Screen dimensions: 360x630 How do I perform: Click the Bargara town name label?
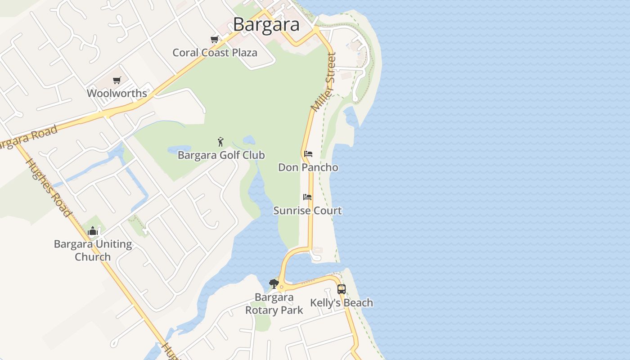(x=266, y=24)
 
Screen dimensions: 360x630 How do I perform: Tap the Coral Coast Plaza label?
(x=215, y=53)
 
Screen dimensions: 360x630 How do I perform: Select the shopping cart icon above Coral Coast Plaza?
(x=215, y=39)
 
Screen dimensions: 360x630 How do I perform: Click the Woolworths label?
(x=117, y=93)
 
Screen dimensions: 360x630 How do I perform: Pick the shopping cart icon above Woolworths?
(x=117, y=80)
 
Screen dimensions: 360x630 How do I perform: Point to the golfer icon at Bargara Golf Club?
(x=220, y=142)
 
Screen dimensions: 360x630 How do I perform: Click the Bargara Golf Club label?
(x=221, y=155)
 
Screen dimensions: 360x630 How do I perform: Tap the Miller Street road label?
(x=324, y=82)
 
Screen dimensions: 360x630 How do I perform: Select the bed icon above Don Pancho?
(x=308, y=154)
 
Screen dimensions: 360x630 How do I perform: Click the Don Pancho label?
(x=308, y=167)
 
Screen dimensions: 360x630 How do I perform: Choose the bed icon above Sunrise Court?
(x=307, y=197)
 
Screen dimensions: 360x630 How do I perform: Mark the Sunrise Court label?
(x=308, y=211)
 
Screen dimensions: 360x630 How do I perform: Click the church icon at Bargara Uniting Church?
(x=93, y=231)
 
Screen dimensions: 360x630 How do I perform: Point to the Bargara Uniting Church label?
(x=93, y=251)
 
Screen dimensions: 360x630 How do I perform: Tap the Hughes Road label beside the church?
(x=49, y=188)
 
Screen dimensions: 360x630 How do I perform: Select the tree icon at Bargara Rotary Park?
(x=274, y=284)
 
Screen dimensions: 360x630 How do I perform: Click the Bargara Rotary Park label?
(x=274, y=304)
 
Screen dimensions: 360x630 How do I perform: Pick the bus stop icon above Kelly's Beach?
(x=342, y=289)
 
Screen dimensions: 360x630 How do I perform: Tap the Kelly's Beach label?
(x=342, y=303)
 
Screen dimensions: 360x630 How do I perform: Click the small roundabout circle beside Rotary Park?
(x=282, y=287)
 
